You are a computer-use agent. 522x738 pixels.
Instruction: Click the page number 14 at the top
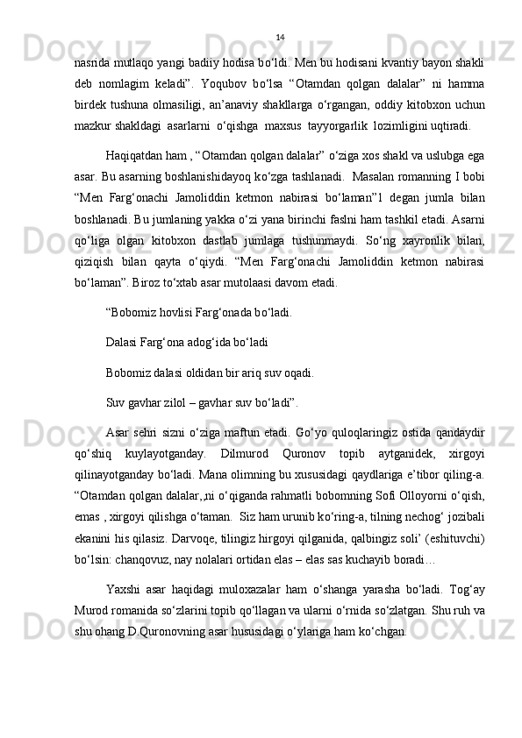click(280, 37)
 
